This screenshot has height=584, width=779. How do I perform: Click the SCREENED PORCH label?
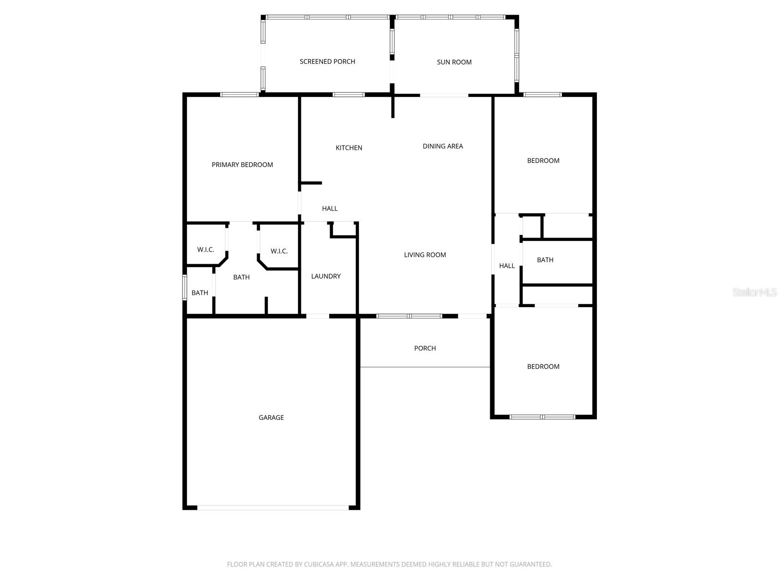(x=327, y=61)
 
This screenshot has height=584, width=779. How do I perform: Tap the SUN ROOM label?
(x=454, y=62)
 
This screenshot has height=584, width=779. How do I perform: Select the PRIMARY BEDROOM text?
(x=242, y=164)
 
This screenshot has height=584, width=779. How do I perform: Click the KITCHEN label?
(x=349, y=147)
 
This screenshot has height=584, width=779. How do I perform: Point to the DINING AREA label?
(x=443, y=146)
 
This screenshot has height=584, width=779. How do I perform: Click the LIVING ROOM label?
(x=425, y=255)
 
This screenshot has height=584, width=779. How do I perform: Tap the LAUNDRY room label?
(x=326, y=276)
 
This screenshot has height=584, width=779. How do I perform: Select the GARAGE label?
(x=271, y=417)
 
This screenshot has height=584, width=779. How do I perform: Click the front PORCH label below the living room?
(x=425, y=348)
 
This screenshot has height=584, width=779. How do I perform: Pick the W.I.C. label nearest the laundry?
(x=279, y=251)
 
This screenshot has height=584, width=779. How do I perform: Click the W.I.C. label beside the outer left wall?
(x=205, y=250)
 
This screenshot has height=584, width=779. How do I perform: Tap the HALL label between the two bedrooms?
(x=507, y=266)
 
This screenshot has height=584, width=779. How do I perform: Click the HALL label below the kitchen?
(x=330, y=208)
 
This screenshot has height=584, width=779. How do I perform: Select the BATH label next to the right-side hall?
(x=545, y=260)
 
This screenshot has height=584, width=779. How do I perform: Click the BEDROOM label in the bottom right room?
(x=543, y=366)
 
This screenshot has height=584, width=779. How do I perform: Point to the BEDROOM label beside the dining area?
(x=543, y=161)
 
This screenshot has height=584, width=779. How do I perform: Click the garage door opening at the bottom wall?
(x=273, y=508)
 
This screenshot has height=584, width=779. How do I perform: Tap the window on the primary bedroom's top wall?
(x=239, y=94)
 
